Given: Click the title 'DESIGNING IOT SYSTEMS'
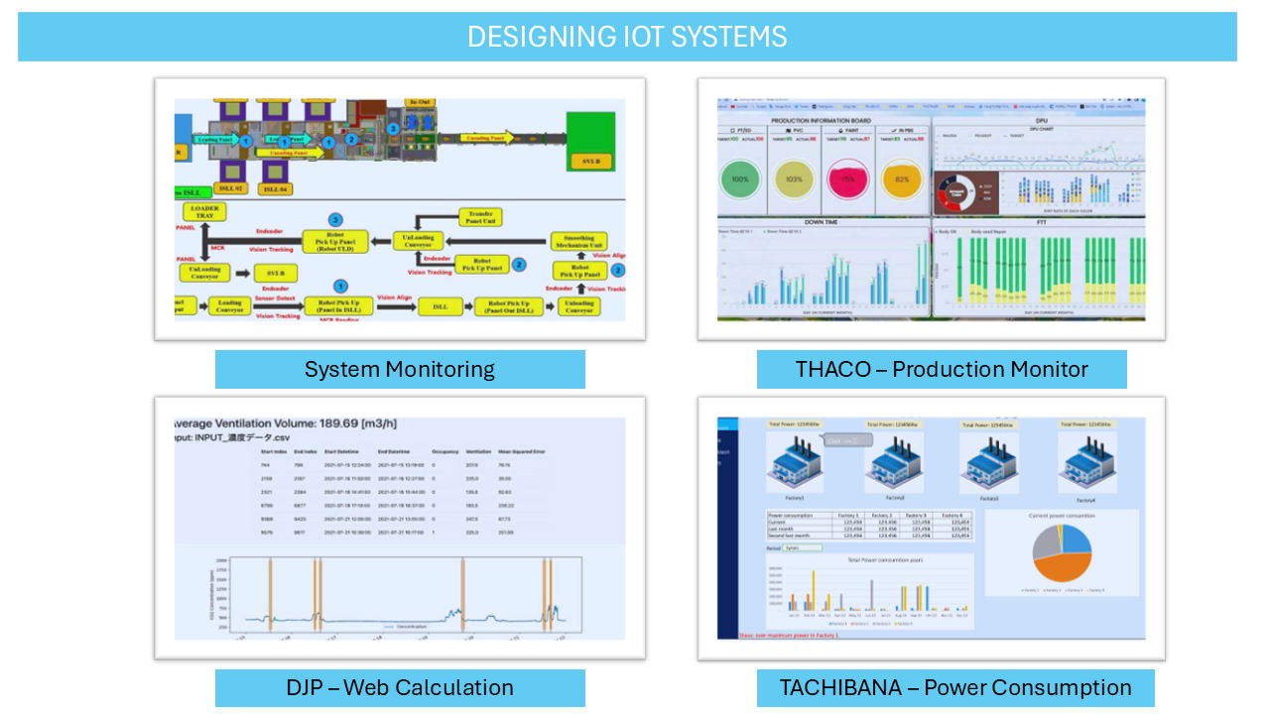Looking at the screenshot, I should tap(627, 37).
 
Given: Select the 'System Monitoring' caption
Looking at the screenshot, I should tap(400, 370).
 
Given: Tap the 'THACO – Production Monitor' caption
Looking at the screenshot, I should tap(942, 370).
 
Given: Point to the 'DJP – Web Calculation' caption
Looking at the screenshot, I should tap(400, 687).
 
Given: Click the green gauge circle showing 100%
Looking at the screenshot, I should tap(738, 179).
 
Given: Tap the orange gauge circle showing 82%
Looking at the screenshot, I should tap(902, 179).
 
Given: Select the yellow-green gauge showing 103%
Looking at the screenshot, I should tap(793, 179).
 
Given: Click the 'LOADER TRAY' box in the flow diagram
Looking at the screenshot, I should tap(204, 211).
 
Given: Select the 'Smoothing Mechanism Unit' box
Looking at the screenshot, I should tap(578, 243).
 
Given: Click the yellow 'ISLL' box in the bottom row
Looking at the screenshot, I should tap(439, 306).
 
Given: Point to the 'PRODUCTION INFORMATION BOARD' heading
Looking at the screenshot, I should tap(823, 121).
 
